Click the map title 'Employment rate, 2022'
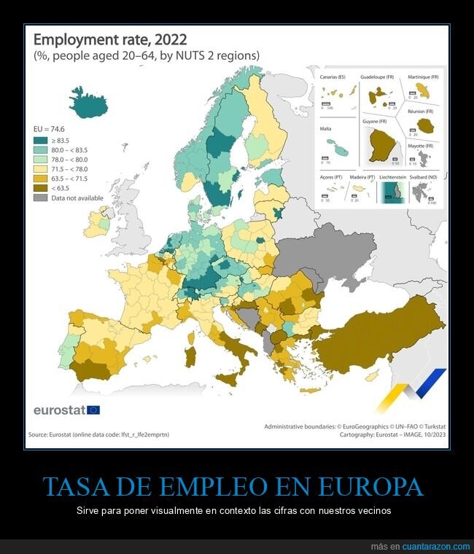[x=110, y=39]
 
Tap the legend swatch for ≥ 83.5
[x=42, y=141]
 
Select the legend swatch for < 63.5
[x=42, y=188]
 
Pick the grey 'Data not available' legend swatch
[x=42, y=198]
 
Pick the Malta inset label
[x=326, y=128]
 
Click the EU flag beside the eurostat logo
[x=93, y=410]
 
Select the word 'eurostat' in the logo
[x=59, y=410]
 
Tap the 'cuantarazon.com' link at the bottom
[x=436, y=547]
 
